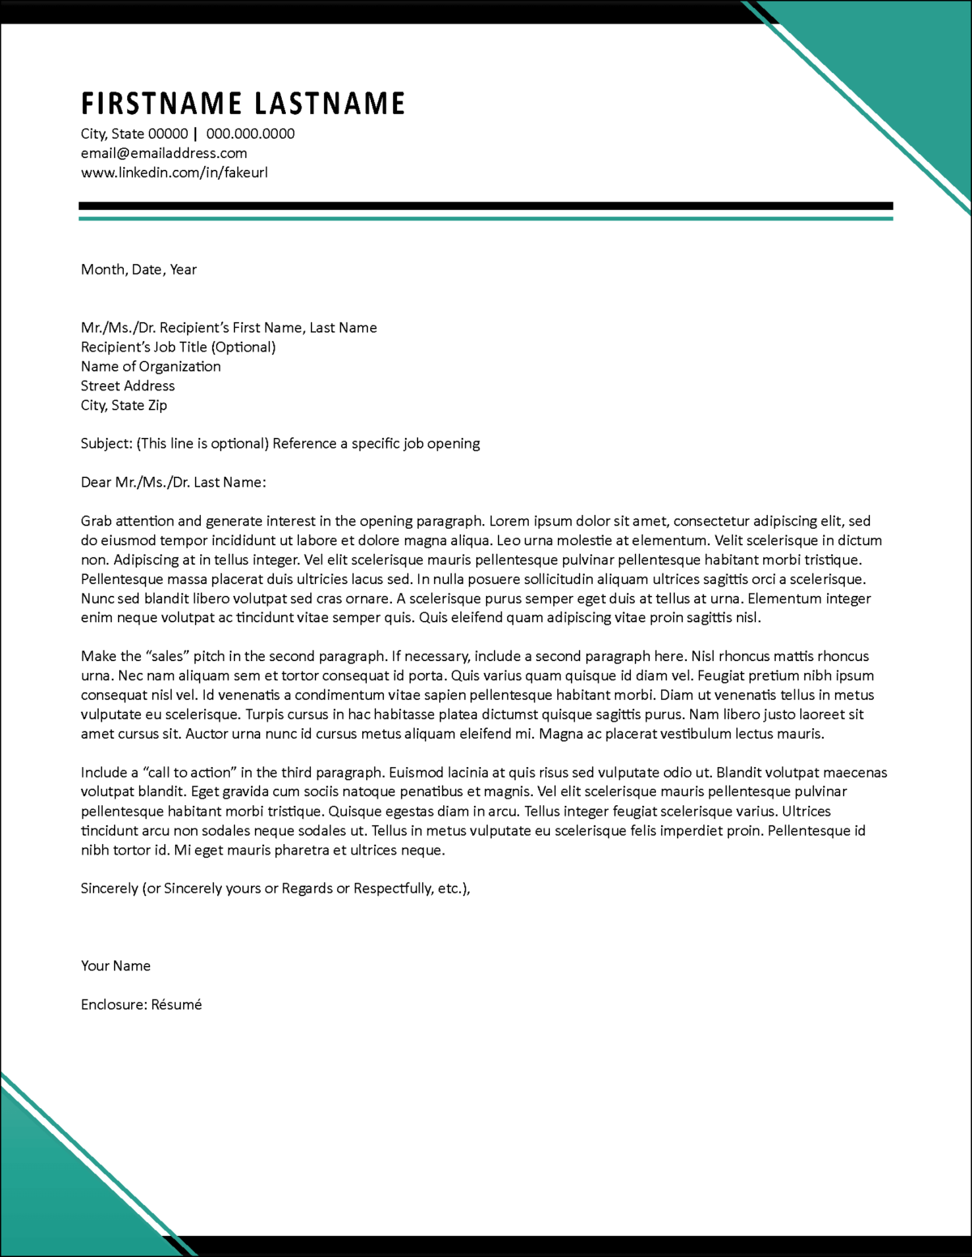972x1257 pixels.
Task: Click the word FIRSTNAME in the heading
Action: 161,104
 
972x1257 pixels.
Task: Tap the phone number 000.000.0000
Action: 250,134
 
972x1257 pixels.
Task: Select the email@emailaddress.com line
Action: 164,153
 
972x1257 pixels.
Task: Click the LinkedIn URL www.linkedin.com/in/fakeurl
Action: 174,173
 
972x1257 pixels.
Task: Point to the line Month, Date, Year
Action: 139,270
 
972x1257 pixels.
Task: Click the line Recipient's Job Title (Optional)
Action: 178,347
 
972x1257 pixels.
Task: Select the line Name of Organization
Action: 151,366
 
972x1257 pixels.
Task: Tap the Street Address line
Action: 128,386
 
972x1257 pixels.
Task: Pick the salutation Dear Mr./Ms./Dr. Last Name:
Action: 173,483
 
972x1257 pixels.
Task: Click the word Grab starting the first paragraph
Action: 96,522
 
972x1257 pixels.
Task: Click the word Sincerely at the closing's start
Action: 109,888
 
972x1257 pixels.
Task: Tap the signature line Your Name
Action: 116,965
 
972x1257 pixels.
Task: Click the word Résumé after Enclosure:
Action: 177,1004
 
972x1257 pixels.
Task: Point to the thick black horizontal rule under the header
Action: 486,206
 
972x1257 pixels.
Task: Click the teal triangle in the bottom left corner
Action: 49,1199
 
